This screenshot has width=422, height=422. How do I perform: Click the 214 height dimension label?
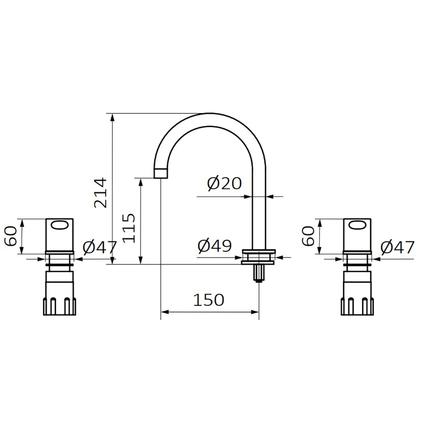pos(101,193)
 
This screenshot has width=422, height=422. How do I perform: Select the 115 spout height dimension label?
pos(129,228)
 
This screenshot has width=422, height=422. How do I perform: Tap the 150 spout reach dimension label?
pos(208,300)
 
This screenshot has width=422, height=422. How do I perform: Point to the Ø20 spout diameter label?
pos(224,184)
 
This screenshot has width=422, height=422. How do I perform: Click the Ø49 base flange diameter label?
pos(214,245)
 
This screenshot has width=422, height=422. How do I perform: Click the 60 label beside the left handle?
pos(11,236)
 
